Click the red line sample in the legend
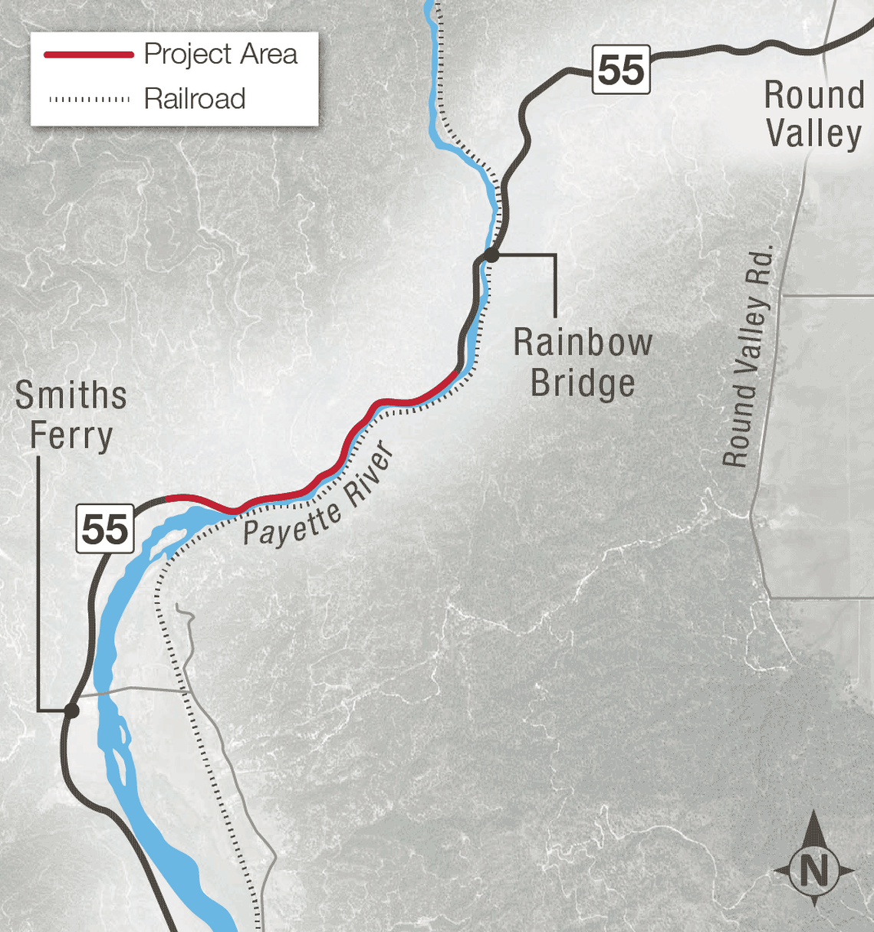[89, 54]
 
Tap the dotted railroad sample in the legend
[89, 99]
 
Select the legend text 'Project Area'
[221, 54]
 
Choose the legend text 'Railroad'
[195, 99]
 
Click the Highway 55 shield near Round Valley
[621, 70]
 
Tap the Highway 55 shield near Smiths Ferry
[105, 529]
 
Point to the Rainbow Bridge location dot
[491, 255]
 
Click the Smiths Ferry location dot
[71, 710]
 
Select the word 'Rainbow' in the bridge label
[583, 342]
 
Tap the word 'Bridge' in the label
[583, 383]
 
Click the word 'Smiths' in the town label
[71, 395]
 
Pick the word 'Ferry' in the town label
[71, 436]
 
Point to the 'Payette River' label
[319, 497]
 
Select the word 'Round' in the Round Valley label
[814, 96]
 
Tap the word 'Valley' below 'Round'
[814, 133]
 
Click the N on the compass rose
[813, 871]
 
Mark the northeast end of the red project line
[458, 372]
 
